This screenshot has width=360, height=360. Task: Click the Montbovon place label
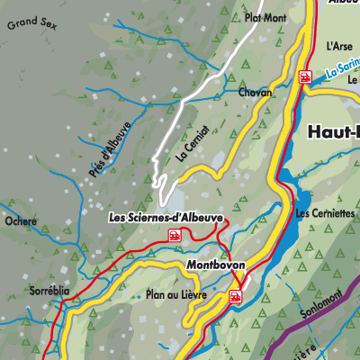coord(216,265)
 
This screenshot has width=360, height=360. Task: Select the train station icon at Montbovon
coord(236,296)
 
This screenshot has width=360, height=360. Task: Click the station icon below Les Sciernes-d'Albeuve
coord(175,235)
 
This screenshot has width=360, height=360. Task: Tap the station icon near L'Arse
coord(306,77)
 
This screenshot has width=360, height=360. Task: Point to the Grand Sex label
coord(30,24)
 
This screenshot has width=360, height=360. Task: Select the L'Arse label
coord(339,45)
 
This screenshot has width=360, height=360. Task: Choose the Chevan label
coord(256,93)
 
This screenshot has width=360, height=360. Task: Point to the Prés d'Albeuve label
coord(110,154)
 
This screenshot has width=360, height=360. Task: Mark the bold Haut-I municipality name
coord(333,131)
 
